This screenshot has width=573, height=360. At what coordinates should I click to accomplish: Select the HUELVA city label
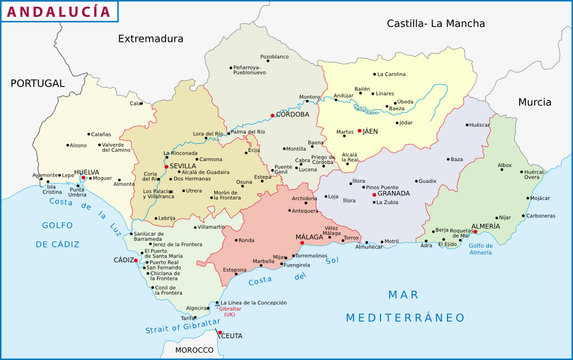[87, 172]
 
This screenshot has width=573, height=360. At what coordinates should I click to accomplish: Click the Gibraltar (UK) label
[236, 312]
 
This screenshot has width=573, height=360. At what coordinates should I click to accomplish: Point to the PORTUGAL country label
[37, 83]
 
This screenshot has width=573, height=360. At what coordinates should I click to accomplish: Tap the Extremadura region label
[151, 39]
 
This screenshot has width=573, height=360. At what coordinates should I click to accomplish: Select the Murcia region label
[534, 102]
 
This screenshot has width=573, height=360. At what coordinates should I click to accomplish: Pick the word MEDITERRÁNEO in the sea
[405, 318]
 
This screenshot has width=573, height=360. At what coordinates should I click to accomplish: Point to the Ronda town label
[246, 241]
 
